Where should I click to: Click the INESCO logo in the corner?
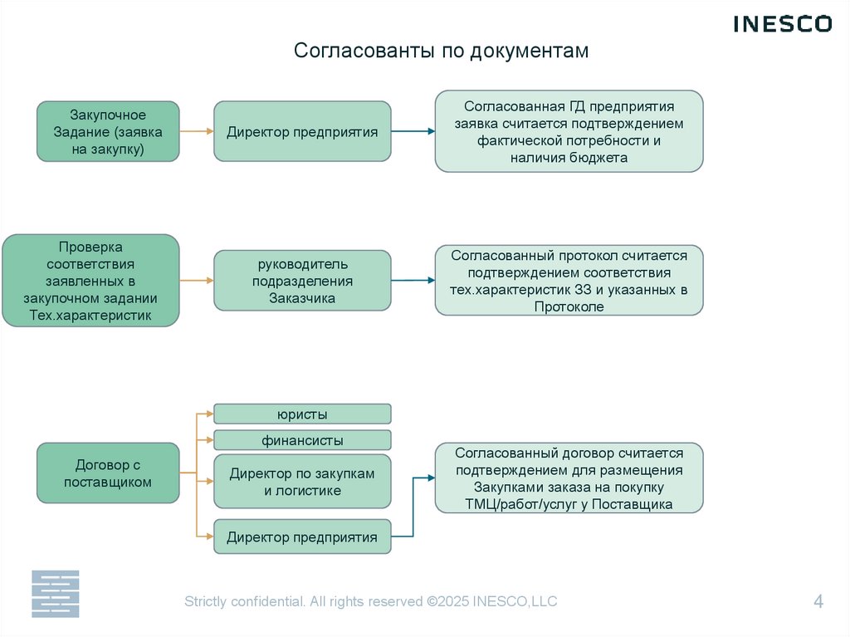point(782,24)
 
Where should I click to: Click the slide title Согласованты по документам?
point(441,51)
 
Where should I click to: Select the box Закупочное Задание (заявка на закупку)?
point(108,131)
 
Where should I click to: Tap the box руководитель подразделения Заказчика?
point(302,281)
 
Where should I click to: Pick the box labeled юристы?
point(302,414)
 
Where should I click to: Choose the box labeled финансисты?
point(302,440)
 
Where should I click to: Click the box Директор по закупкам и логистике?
point(302,482)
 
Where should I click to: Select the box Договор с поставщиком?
point(108,473)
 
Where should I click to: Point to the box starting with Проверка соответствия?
point(90,281)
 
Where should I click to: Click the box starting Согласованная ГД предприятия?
point(569,131)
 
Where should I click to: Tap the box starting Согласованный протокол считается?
point(569,281)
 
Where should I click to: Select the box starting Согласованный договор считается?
point(569,478)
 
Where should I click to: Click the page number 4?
point(818,602)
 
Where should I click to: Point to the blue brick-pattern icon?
point(55,593)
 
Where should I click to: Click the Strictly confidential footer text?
point(370,601)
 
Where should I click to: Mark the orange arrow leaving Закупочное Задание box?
point(197,131)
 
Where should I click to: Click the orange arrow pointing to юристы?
point(203,414)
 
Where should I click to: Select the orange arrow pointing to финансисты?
point(203,440)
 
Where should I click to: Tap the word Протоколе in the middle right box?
point(569,306)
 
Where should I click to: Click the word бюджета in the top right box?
point(600,157)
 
